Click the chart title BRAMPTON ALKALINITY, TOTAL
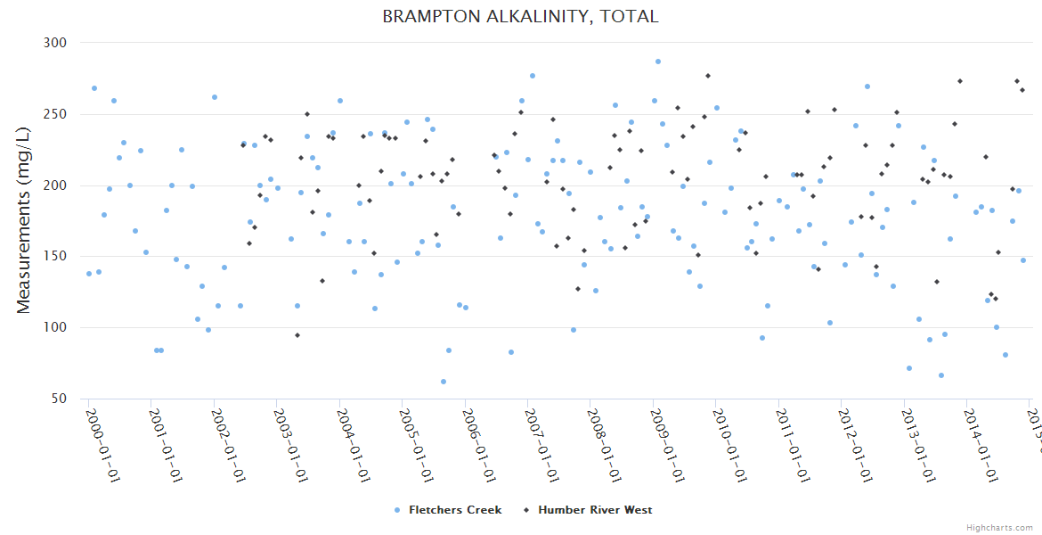click(x=521, y=17)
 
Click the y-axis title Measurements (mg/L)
click(x=24, y=221)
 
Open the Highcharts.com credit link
click(x=1000, y=528)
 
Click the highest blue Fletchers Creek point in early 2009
click(x=658, y=62)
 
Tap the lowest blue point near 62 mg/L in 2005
click(x=444, y=382)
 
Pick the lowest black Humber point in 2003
click(x=297, y=335)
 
